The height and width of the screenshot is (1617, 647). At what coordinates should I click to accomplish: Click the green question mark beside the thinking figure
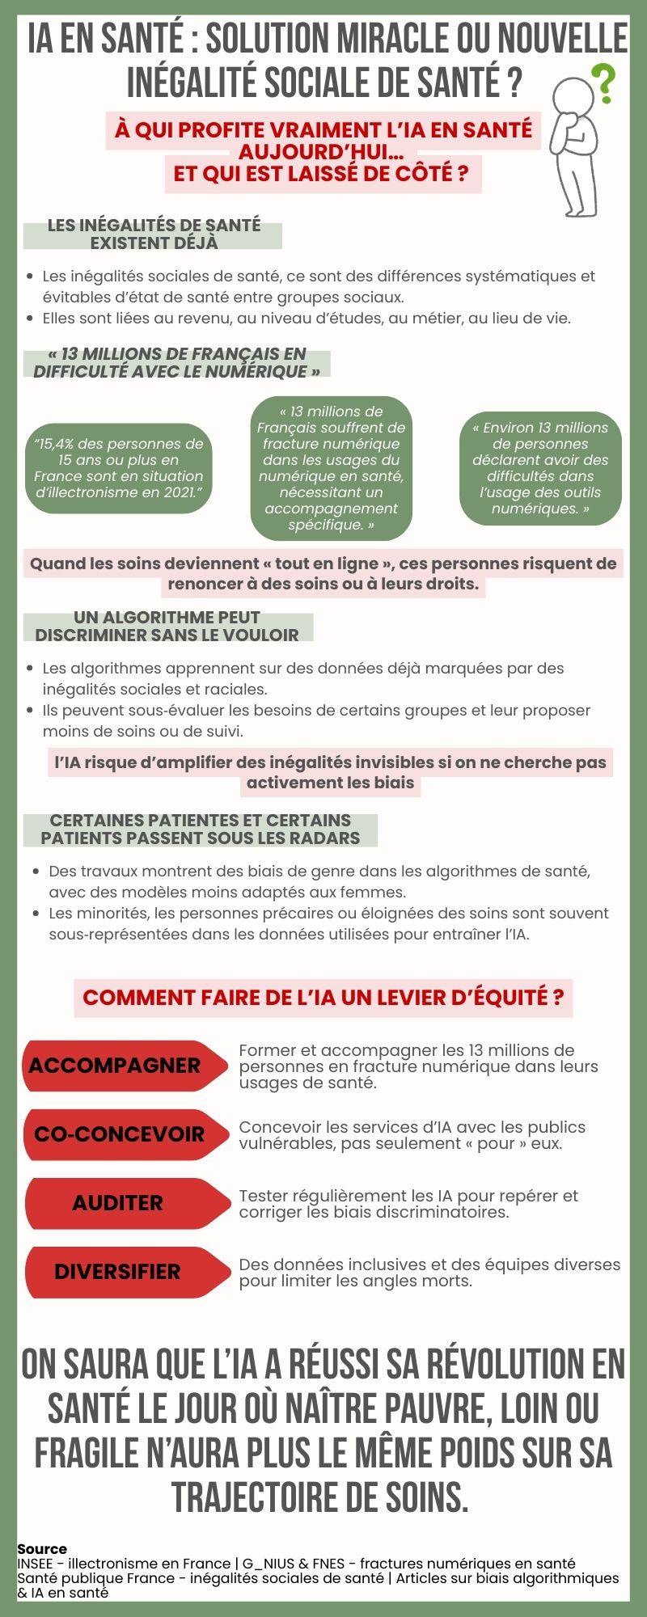(603, 83)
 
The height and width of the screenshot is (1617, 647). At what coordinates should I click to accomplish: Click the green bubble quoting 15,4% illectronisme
(118, 468)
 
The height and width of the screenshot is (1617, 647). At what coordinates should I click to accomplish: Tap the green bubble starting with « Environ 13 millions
(540, 468)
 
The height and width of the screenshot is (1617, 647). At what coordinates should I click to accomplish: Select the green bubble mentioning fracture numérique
(331, 468)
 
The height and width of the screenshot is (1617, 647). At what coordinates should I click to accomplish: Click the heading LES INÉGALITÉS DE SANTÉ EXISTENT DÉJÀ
(154, 234)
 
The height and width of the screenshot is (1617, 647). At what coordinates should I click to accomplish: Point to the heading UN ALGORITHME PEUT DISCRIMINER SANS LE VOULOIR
(167, 627)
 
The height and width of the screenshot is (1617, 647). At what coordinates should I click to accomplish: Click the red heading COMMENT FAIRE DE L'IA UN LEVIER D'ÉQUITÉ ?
(323, 997)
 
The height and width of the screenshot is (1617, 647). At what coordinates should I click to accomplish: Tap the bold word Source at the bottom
(42, 1549)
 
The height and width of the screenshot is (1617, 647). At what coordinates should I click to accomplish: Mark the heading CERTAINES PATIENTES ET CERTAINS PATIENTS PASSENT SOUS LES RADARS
(201, 830)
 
